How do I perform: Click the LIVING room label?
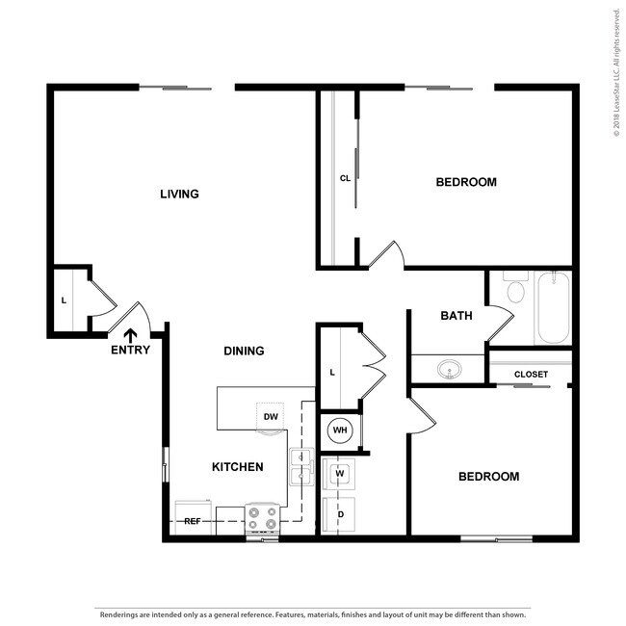pyautogui.click(x=179, y=194)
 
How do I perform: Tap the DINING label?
pyautogui.click(x=244, y=351)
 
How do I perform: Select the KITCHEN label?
pyautogui.click(x=237, y=467)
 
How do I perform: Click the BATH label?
pyautogui.click(x=456, y=316)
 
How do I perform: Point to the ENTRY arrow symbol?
pyautogui.click(x=129, y=334)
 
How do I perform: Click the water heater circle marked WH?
pyautogui.click(x=339, y=430)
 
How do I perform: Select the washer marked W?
pyautogui.click(x=340, y=474)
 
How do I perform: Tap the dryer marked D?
pyautogui.click(x=340, y=513)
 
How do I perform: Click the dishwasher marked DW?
pyautogui.click(x=271, y=416)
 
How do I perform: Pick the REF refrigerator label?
pyautogui.click(x=193, y=521)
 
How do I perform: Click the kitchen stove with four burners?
pyautogui.click(x=262, y=518)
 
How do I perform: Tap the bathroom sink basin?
pyautogui.click(x=448, y=369)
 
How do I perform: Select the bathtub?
pyautogui.click(x=554, y=307)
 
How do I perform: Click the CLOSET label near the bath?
pyautogui.click(x=531, y=374)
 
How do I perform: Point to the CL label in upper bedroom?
pyautogui.click(x=345, y=178)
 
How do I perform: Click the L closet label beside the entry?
pyautogui.click(x=64, y=300)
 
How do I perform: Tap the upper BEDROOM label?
pyautogui.click(x=466, y=182)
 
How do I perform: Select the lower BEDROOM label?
pyautogui.click(x=488, y=477)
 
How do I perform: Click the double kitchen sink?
pyautogui.click(x=301, y=466)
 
